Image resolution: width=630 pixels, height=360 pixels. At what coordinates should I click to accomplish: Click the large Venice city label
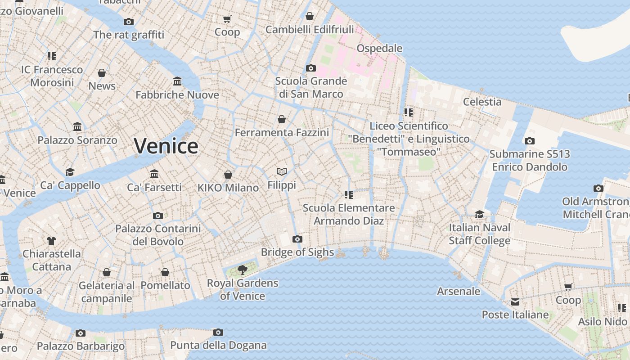pos(166,146)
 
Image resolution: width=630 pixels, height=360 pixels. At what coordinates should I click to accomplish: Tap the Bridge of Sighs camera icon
pos(297,239)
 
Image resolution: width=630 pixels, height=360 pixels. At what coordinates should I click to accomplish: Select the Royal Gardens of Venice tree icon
pos(243,270)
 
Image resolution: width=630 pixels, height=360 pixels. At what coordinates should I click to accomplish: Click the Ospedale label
pos(379,48)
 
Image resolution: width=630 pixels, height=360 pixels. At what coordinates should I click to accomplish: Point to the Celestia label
pos(482,102)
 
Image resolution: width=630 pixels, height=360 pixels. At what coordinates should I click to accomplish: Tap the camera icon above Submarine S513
pos(530,141)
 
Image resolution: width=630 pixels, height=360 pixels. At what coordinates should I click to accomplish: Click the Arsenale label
pos(459,291)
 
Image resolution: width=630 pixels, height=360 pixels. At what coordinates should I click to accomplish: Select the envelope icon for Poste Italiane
pos(515,302)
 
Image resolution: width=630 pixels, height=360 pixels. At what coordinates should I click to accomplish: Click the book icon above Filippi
pos(282,172)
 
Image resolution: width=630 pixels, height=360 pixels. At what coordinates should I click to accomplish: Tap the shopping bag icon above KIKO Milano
pos(228,175)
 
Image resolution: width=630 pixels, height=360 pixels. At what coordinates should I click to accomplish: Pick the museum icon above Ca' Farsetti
pos(154,174)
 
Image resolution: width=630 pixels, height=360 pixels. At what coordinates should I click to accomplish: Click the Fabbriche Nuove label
pos(177,95)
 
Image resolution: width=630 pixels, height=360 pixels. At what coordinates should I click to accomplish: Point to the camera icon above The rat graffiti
pos(129,22)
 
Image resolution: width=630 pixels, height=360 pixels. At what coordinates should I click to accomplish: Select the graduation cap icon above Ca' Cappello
pos(70,172)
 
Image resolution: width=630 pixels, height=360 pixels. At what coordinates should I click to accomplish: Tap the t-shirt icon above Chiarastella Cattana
pos(51,241)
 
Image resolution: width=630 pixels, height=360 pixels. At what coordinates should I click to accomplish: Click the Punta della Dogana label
pos(218,346)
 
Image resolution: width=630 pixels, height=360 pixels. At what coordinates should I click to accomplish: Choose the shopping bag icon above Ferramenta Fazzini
pos(282,119)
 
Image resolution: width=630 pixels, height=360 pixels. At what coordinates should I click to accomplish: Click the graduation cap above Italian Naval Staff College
pos(480,214)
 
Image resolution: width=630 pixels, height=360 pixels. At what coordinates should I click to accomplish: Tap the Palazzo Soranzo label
pos(77,140)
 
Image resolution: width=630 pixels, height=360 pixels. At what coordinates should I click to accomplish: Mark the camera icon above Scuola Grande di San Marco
pos(310,68)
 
